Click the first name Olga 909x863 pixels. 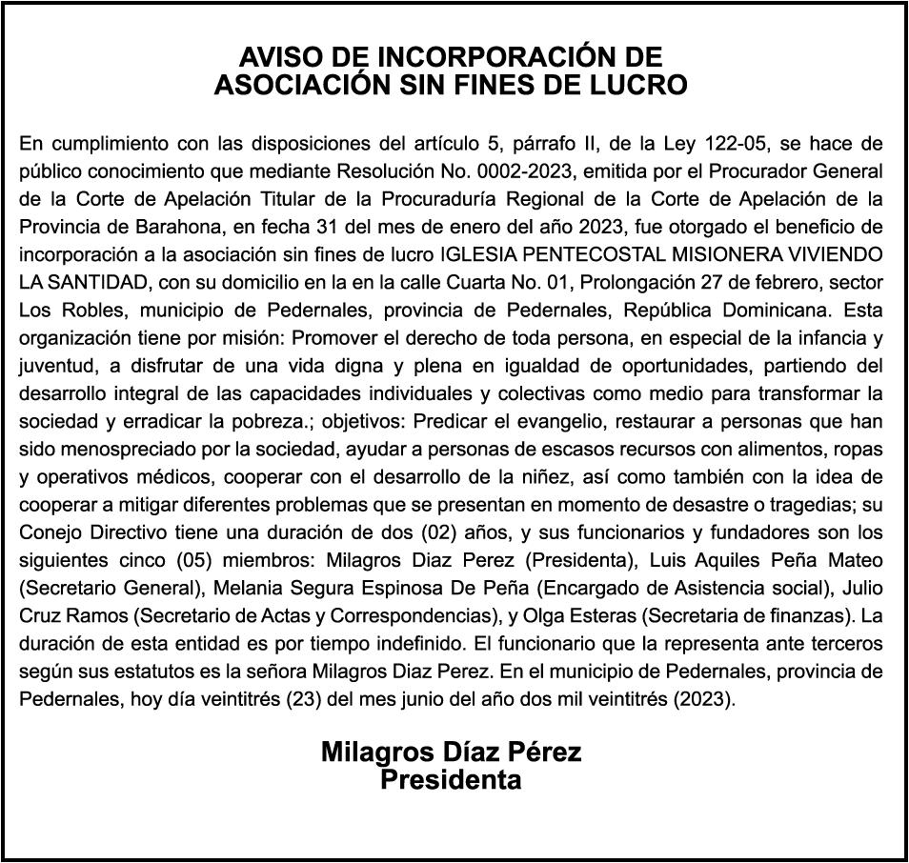pyautogui.click(x=653, y=614)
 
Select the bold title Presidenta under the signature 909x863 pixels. pyautogui.click(x=451, y=780)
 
